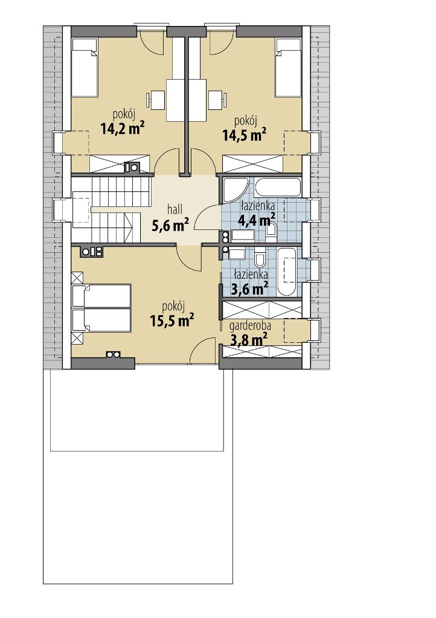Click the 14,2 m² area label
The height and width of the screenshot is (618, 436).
(122, 129)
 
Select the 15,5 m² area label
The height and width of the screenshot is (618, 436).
(172, 320)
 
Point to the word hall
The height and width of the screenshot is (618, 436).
(175, 208)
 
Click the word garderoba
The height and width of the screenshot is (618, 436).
(250, 325)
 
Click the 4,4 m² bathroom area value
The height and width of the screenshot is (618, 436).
(256, 219)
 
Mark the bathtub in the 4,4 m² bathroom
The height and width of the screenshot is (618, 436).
(278, 187)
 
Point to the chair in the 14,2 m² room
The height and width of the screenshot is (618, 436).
(156, 100)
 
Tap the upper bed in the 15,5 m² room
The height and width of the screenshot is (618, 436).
(101, 296)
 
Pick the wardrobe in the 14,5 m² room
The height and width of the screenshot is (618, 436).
(252, 164)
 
